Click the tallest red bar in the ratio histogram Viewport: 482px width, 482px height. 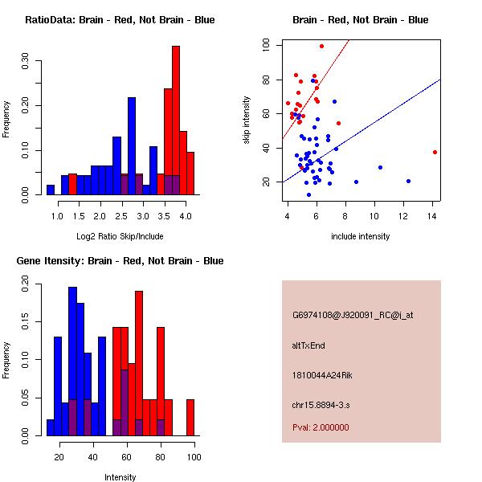pyautogui.click(x=175, y=120)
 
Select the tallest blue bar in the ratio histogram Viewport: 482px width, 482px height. pyautogui.click(x=131, y=145)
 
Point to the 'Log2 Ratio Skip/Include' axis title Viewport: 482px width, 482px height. pyautogui.click(x=120, y=237)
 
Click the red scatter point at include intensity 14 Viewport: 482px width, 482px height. pyautogui.click(x=435, y=152)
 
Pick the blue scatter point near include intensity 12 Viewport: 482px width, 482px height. pyautogui.click(x=408, y=181)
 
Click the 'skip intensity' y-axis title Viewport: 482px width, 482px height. pyautogui.click(x=248, y=120)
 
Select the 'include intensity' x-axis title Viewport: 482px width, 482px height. pyautogui.click(x=360, y=236)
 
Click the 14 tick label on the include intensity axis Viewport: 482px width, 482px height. pyautogui.click(x=435, y=214)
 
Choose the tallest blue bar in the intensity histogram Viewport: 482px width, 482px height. pyautogui.click(x=72, y=361)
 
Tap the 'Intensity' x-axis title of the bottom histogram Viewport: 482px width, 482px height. pyautogui.click(x=120, y=477)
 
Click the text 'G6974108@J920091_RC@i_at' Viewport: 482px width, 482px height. pyautogui.click(x=353, y=316)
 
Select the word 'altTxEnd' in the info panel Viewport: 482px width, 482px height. pyautogui.click(x=309, y=345)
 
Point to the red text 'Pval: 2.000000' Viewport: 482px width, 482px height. pyautogui.click(x=321, y=427)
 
